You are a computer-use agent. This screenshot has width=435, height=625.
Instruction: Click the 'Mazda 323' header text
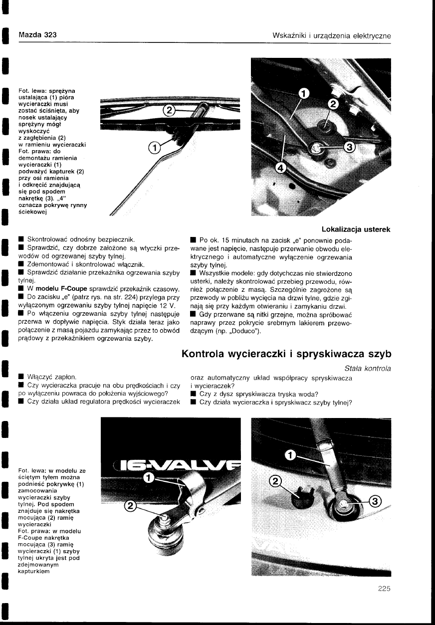click(x=37, y=35)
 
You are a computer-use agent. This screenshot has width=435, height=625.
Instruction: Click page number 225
click(x=384, y=588)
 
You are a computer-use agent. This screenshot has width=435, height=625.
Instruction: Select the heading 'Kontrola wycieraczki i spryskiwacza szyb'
click(x=286, y=355)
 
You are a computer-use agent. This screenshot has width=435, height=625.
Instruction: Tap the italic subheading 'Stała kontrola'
click(x=367, y=369)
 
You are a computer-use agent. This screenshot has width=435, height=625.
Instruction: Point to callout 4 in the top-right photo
click(x=281, y=169)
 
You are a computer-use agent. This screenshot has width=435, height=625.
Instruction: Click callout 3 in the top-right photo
click(x=349, y=147)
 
